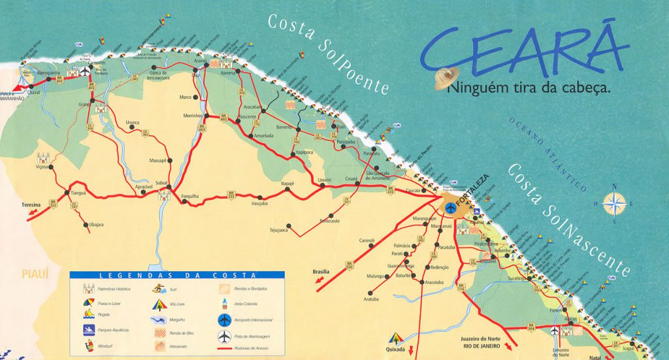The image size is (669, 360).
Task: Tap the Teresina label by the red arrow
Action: [x=31, y=205]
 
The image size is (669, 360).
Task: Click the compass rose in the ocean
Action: [x=614, y=205]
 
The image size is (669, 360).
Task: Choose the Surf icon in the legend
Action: [x=159, y=288]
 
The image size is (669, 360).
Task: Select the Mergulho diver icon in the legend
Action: [x=159, y=319]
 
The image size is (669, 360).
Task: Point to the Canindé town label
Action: [x=367, y=240]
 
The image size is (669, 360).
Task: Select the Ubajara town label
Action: [x=96, y=225]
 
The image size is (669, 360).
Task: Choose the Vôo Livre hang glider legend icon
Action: [x=159, y=304]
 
